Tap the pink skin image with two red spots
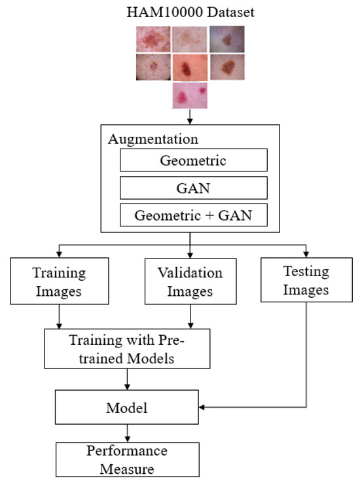pyautogui.click(x=190, y=95)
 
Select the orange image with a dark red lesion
pyautogui.click(x=190, y=67)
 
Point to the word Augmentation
pyautogui.click(x=153, y=139)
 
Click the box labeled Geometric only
pyautogui.click(x=192, y=160)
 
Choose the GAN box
pyautogui.click(x=192, y=187)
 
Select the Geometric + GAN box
pyautogui.click(x=192, y=215)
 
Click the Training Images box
pyautogui.click(x=60, y=281)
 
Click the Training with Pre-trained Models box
pyautogui.click(x=127, y=348)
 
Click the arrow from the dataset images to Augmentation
pyautogui.click(x=190, y=116)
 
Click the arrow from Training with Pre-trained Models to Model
pyautogui.click(x=127, y=380)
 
